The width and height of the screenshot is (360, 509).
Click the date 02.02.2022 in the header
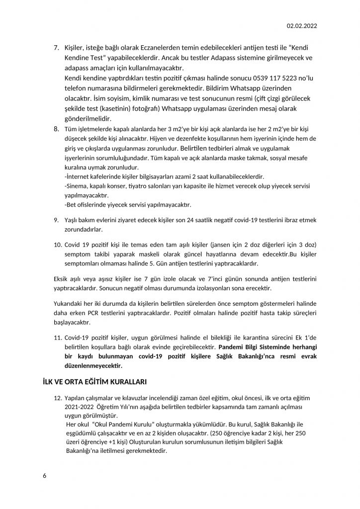click(x=302, y=26)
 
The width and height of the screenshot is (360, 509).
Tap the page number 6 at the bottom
click(x=45, y=475)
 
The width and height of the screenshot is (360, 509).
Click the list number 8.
click(x=56, y=129)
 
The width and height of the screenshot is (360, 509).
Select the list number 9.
click(x=56, y=219)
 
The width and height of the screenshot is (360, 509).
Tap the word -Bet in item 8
click(x=71, y=204)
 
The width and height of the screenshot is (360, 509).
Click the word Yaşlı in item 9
click(x=73, y=219)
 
